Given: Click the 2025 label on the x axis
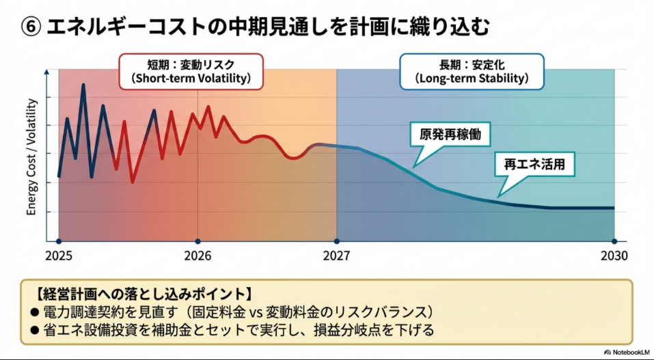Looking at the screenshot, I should click(x=59, y=256).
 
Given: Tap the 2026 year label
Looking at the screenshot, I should click(x=197, y=256).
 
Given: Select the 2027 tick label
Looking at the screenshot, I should click(x=336, y=256).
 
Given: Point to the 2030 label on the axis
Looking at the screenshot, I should click(x=614, y=256).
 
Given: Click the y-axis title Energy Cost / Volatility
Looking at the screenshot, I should click(x=31, y=157).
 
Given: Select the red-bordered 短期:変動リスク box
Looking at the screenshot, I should click(x=190, y=72).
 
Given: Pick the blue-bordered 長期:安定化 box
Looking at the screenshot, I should click(x=472, y=72).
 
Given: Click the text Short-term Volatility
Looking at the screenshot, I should click(x=190, y=79).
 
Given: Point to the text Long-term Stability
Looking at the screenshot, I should click(x=472, y=79).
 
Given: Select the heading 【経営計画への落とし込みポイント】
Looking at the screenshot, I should click(x=142, y=294).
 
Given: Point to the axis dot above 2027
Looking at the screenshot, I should click(x=336, y=241).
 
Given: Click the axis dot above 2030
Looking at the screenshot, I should click(x=614, y=241).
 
